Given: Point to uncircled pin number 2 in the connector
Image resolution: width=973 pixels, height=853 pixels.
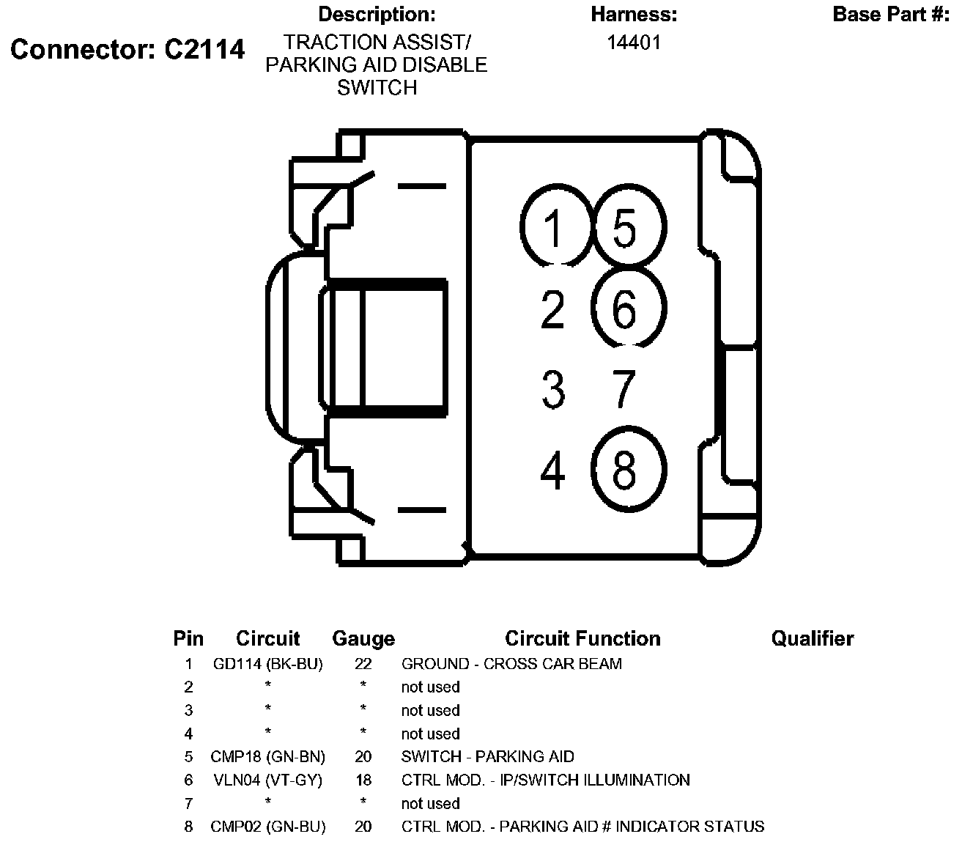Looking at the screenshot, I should (x=553, y=309).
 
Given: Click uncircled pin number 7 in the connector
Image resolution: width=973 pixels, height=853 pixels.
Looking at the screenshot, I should (x=624, y=389).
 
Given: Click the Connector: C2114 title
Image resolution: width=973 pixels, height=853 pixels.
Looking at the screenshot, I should (x=127, y=49).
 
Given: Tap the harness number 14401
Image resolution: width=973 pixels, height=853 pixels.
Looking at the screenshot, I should (x=634, y=43).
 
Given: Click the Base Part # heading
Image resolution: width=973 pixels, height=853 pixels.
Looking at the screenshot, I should (x=891, y=15).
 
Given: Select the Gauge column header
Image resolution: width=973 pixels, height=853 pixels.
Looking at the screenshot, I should (x=363, y=639).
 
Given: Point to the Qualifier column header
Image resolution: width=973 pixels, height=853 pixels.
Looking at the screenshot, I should (x=812, y=639).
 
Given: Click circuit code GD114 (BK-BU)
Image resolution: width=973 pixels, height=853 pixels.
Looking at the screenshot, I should (x=268, y=664).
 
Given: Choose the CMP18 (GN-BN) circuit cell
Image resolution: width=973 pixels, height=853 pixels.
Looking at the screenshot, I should (x=268, y=756).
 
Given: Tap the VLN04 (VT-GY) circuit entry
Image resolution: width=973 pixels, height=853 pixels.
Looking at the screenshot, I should (x=268, y=780).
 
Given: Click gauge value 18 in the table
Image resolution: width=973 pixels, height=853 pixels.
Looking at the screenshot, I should (x=363, y=780).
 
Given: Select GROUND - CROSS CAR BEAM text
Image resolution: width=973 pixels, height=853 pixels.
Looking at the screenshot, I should (x=511, y=664).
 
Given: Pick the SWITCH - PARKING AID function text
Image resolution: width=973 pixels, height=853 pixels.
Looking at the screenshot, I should (x=488, y=756).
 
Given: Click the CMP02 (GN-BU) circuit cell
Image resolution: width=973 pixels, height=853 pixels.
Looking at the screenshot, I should (x=268, y=827).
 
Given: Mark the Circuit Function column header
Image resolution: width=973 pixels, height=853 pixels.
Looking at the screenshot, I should (x=582, y=639).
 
